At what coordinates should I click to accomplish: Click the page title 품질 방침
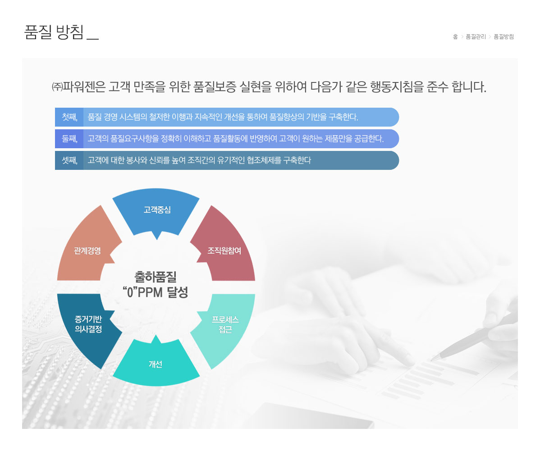pyautogui.click(x=54, y=32)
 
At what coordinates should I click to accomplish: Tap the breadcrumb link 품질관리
pyautogui.click(x=476, y=36)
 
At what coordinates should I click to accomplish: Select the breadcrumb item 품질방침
pyautogui.click(x=503, y=36)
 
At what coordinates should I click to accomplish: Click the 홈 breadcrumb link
pyautogui.click(x=455, y=36)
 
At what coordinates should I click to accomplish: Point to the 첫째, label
pyautogui.click(x=69, y=117)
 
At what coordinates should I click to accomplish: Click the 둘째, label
pyautogui.click(x=69, y=139)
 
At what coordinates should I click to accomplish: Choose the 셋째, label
pyautogui.click(x=69, y=160)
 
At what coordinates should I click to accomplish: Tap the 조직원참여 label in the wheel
pyautogui.click(x=224, y=251)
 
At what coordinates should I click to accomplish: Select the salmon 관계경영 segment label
pyautogui.click(x=87, y=251)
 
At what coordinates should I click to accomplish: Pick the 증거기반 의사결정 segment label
pyautogui.click(x=88, y=324)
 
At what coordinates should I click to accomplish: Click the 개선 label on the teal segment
pyautogui.click(x=156, y=364)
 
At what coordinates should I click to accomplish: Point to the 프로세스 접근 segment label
pyautogui.click(x=225, y=324)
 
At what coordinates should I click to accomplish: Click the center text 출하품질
pyautogui.click(x=156, y=277)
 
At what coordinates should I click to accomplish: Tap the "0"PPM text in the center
pyautogui.click(x=142, y=292)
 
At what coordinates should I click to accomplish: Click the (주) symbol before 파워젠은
pyautogui.click(x=57, y=87)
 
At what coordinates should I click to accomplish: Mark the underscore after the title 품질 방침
pyautogui.click(x=93, y=39)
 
